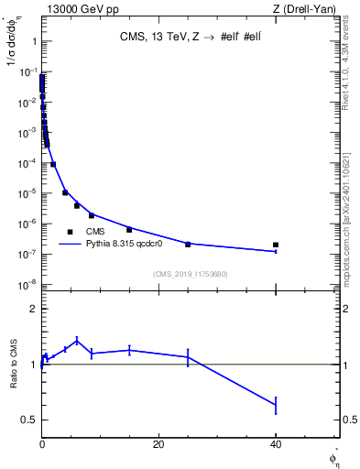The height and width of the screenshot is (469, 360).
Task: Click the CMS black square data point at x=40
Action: click(x=276, y=245)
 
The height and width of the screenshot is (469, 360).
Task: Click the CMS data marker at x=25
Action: click(x=188, y=244)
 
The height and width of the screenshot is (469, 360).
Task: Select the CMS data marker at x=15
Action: click(x=129, y=229)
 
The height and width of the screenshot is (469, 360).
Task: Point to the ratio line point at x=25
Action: click(x=188, y=356)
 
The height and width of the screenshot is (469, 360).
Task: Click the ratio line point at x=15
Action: click(x=129, y=349)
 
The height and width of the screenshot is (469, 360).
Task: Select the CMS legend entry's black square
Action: click(x=70, y=232)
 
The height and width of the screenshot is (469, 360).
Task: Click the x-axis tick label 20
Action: click(x=158, y=444)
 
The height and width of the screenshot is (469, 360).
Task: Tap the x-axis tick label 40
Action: click(x=276, y=444)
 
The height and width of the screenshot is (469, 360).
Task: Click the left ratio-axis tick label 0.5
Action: click(x=30, y=420)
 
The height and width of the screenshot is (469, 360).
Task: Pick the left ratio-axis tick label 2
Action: click(x=33, y=309)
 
